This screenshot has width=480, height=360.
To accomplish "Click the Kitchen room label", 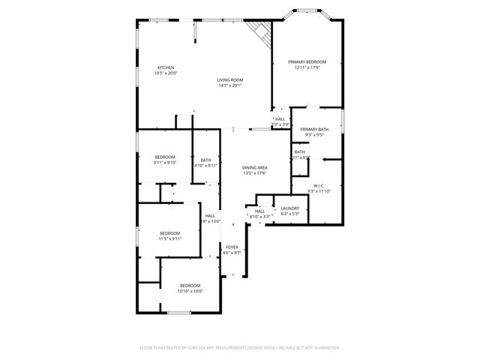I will click(165, 67).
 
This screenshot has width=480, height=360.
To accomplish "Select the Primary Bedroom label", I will click(307, 62).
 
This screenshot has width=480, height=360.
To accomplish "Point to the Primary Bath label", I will click(314, 130).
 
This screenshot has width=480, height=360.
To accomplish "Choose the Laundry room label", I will click(289, 208).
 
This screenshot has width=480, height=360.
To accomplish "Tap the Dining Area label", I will click(255, 168).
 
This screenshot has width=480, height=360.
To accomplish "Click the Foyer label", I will click(232, 247).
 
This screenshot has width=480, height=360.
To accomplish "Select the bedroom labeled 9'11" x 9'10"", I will click(164, 157).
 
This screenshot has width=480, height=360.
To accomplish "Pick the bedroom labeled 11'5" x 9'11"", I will click(170, 233).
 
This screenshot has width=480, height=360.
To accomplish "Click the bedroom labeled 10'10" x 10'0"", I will click(189, 285).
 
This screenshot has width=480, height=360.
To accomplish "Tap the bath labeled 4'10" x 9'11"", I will click(205, 159).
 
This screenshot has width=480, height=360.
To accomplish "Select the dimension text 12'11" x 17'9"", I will click(307, 68).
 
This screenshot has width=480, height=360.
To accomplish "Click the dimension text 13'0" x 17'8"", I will click(255, 174).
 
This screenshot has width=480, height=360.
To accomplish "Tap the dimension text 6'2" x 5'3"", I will click(289, 214).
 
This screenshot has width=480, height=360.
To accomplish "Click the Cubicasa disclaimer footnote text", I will click(240, 348).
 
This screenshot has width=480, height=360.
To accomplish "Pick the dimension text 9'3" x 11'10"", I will click(319, 191).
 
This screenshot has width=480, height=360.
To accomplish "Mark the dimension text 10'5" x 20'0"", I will click(165, 73).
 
